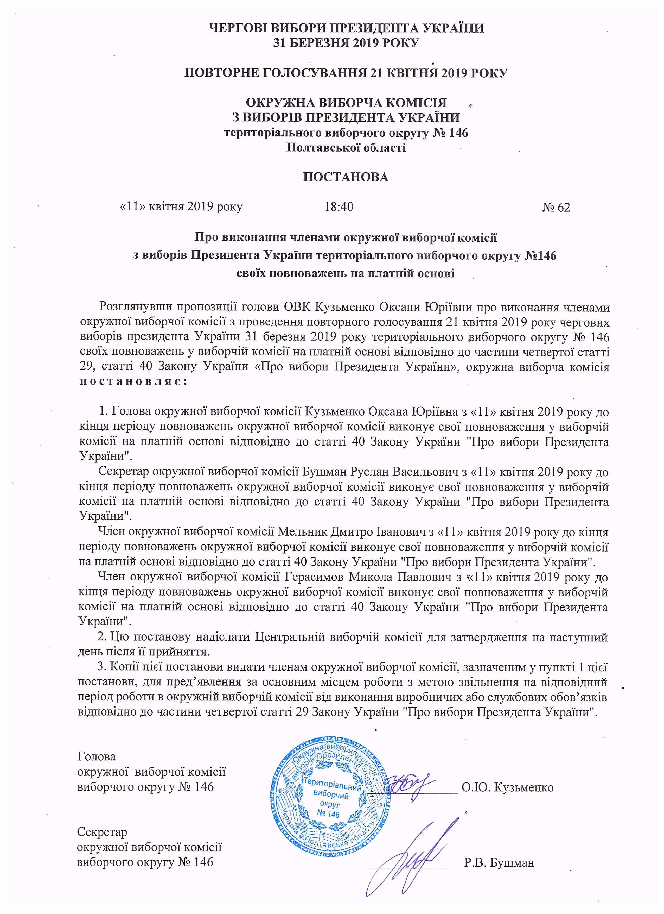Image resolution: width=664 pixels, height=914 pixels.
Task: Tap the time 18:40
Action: click(339, 207)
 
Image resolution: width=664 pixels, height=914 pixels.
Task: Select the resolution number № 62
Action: click(556, 207)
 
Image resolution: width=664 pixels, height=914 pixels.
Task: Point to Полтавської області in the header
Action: click(346, 147)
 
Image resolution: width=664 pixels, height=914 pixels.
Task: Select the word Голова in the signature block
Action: click(96, 756)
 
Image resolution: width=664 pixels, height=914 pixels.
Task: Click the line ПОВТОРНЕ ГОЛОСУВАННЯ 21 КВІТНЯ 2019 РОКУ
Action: click(346, 73)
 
